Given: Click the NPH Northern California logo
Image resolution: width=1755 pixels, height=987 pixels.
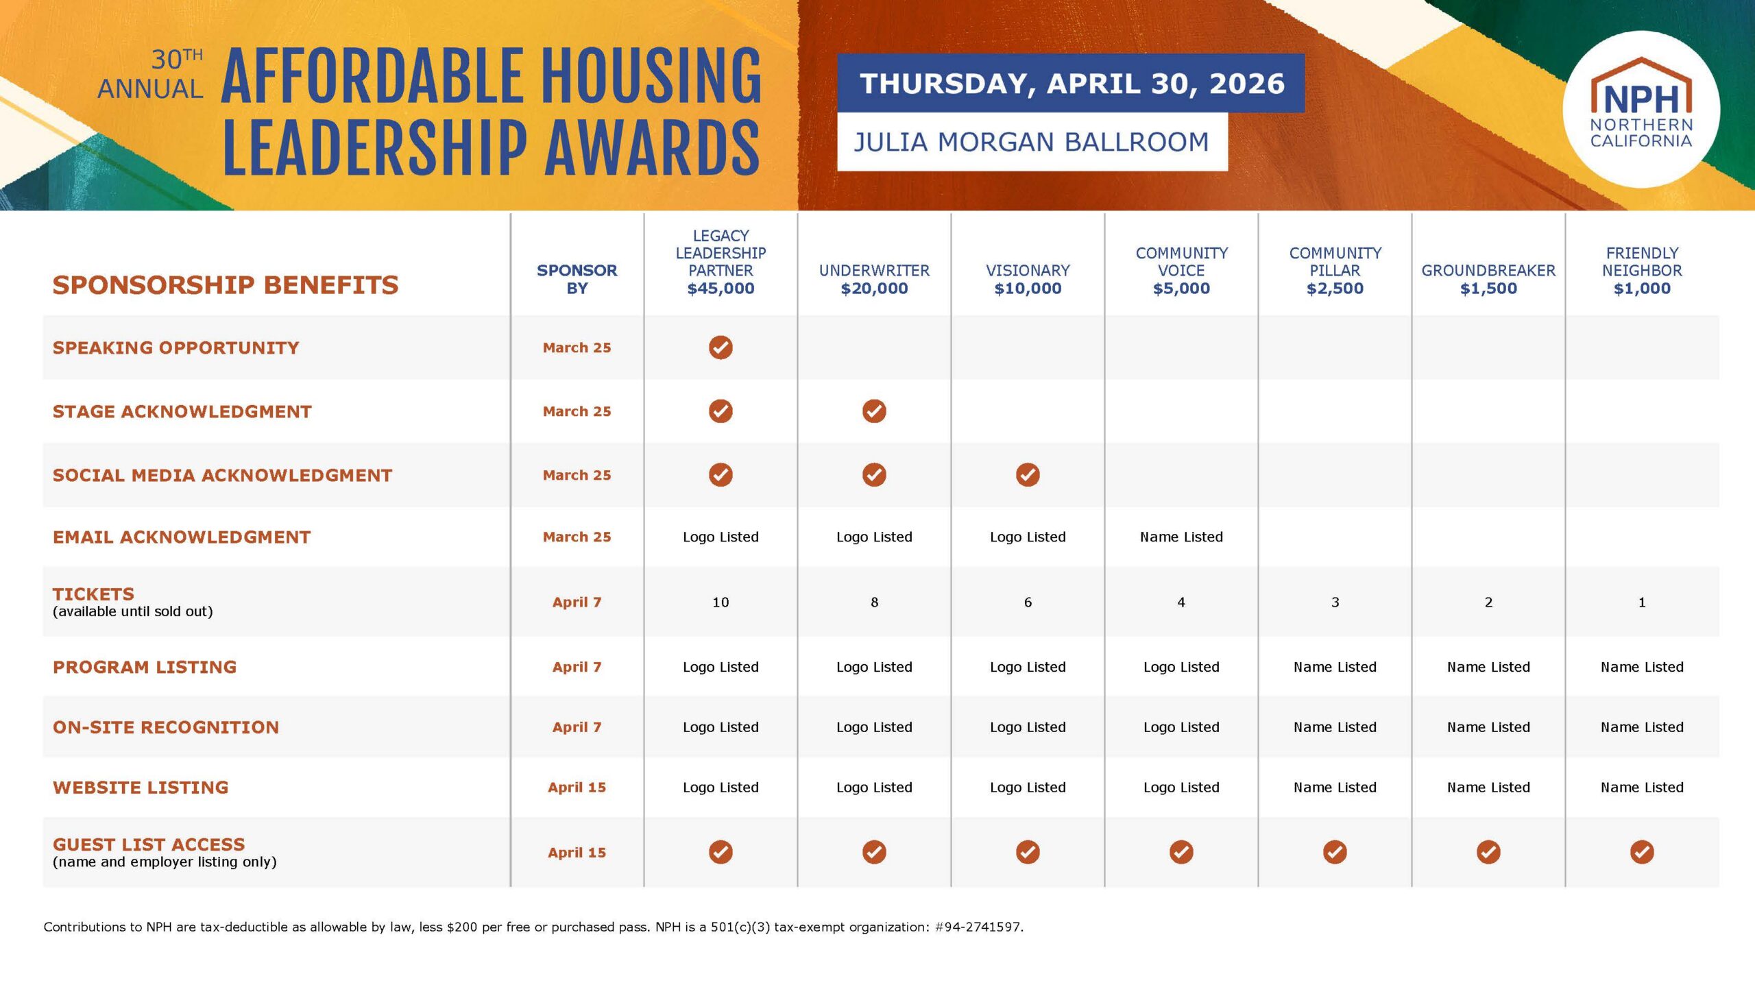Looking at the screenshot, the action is pyautogui.click(x=1641, y=109).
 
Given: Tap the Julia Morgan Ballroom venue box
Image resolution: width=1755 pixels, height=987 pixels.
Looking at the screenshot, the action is pyautogui.click(x=1032, y=142).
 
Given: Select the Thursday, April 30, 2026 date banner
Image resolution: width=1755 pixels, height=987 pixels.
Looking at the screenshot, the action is pyautogui.click(x=1071, y=83).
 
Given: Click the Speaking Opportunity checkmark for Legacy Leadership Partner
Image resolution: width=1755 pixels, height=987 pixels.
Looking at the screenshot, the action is pyautogui.click(x=721, y=348).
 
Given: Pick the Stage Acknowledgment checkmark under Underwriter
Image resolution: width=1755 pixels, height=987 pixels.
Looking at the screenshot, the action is pyautogui.click(x=874, y=411).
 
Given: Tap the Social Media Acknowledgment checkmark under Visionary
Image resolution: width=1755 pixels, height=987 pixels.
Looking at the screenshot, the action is pyautogui.click(x=1028, y=475).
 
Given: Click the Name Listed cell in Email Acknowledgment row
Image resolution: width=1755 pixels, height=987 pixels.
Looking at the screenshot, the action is pyautogui.click(x=1181, y=537).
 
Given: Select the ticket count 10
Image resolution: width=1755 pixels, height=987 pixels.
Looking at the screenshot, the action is pyautogui.click(x=721, y=602).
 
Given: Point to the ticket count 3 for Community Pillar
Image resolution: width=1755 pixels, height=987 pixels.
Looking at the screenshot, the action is pyautogui.click(x=1335, y=602).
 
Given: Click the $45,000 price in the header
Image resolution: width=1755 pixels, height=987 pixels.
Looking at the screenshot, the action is pyautogui.click(x=721, y=289).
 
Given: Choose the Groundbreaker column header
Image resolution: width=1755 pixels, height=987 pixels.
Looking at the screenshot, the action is pyautogui.click(x=1488, y=279).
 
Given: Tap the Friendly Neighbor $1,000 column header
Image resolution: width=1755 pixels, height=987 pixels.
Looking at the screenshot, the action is pyautogui.click(x=1642, y=271).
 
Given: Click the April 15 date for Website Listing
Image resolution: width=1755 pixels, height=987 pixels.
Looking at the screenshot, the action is pyautogui.click(x=577, y=788).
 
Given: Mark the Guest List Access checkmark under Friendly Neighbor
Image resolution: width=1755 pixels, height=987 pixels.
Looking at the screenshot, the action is pyautogui.click(x=1642, y=852).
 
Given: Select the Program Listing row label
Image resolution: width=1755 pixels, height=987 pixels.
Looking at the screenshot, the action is pyautogui.click(x=145, y=667).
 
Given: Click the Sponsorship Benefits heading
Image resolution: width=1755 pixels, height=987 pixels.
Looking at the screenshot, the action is pyautogui.click(x=226, y=285).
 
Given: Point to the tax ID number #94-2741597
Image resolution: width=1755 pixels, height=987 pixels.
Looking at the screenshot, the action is pyautogui.click(x=978, y=927).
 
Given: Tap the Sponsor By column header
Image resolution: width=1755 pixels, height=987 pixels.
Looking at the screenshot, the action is pyautogui.click(x=577, y=279).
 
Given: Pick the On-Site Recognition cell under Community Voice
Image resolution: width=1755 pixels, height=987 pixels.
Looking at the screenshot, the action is pyautogui.click(x=1181, y=727).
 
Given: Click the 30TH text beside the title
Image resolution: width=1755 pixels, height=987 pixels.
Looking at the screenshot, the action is pyautogui.click(x=177, y=60).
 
